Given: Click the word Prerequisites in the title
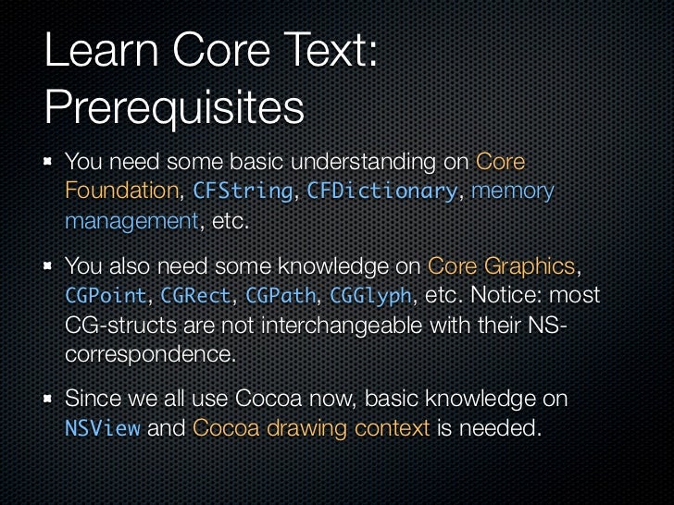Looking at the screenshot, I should [174, 108].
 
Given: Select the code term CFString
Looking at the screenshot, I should [242, 191].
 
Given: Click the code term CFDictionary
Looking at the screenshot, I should [382, 191].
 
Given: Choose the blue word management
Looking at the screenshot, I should [131, 222].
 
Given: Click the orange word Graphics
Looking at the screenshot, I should [532, 266].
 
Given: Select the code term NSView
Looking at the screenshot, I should [102, 429].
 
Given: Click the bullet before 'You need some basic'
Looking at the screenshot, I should [46, 164].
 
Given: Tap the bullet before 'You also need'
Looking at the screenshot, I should [46, 267].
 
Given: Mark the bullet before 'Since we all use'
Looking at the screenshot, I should [46, 400].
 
